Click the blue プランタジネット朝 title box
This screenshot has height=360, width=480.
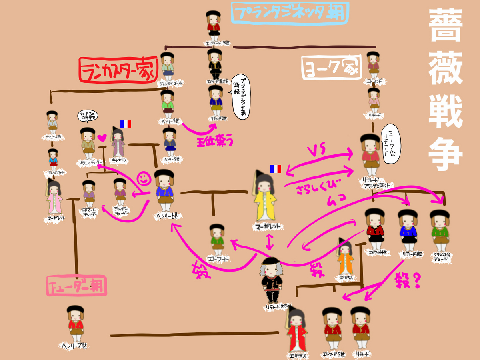pos(290,14)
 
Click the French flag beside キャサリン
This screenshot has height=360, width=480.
pos(126,124)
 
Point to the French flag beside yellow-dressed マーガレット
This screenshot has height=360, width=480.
pos(276,169)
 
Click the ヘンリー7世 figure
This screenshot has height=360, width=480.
pos(76,323)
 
